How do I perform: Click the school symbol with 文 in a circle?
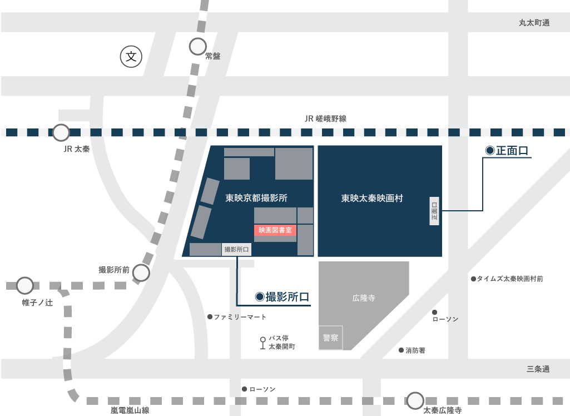131,56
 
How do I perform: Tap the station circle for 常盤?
197,46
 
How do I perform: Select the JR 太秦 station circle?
61,132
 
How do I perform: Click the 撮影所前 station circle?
141,273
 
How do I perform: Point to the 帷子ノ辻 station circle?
24,286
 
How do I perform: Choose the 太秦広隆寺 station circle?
415,400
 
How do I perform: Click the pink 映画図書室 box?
275,230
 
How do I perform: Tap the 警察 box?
330,338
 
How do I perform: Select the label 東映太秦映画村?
372,198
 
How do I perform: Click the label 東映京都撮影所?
256,198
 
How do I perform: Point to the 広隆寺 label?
364,298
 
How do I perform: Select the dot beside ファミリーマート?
210,317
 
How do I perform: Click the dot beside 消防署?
401,350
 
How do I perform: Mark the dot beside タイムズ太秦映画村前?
473,279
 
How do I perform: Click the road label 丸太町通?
534,23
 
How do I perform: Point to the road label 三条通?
538,369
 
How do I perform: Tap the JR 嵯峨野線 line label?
325,118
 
